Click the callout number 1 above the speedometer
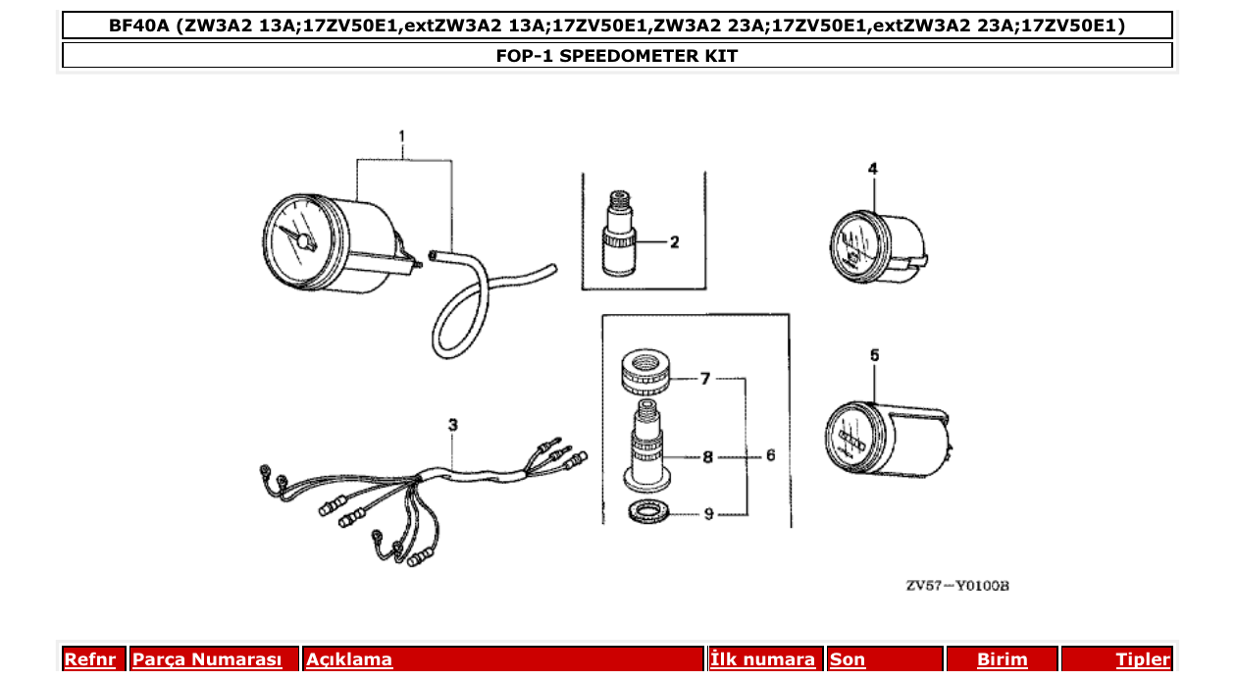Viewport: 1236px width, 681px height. (402, 135)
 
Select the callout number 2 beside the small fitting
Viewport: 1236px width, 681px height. (675, 241)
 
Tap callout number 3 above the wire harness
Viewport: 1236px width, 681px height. (452, 424)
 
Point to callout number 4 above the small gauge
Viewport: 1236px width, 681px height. (873, 169)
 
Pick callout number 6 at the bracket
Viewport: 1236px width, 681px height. (771, 455)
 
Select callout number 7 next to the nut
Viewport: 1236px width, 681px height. (704, 378)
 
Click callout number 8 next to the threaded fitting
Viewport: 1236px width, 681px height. (706, 456)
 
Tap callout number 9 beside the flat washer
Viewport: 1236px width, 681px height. (708, 513)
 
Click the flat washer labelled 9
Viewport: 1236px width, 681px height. (646, 511)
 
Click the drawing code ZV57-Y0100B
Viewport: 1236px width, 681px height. (956, 586)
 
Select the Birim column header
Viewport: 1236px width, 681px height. (1002, 659)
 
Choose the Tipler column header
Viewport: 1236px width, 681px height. (1143, 659)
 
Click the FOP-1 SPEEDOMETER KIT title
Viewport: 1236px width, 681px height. (617, 56)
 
